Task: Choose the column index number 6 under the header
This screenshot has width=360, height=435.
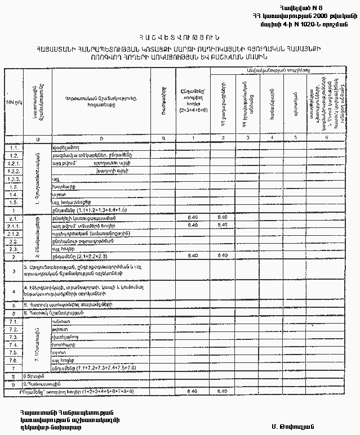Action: click(325, 138)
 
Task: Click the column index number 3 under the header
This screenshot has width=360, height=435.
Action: click(248, 138)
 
